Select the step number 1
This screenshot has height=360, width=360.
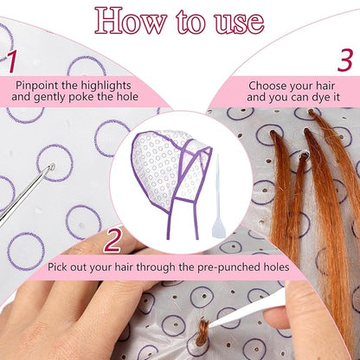[x=11, y=61]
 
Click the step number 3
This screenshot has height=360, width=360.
[x=344, y=61]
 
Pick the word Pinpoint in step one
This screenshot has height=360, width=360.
[x=41, y=86]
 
